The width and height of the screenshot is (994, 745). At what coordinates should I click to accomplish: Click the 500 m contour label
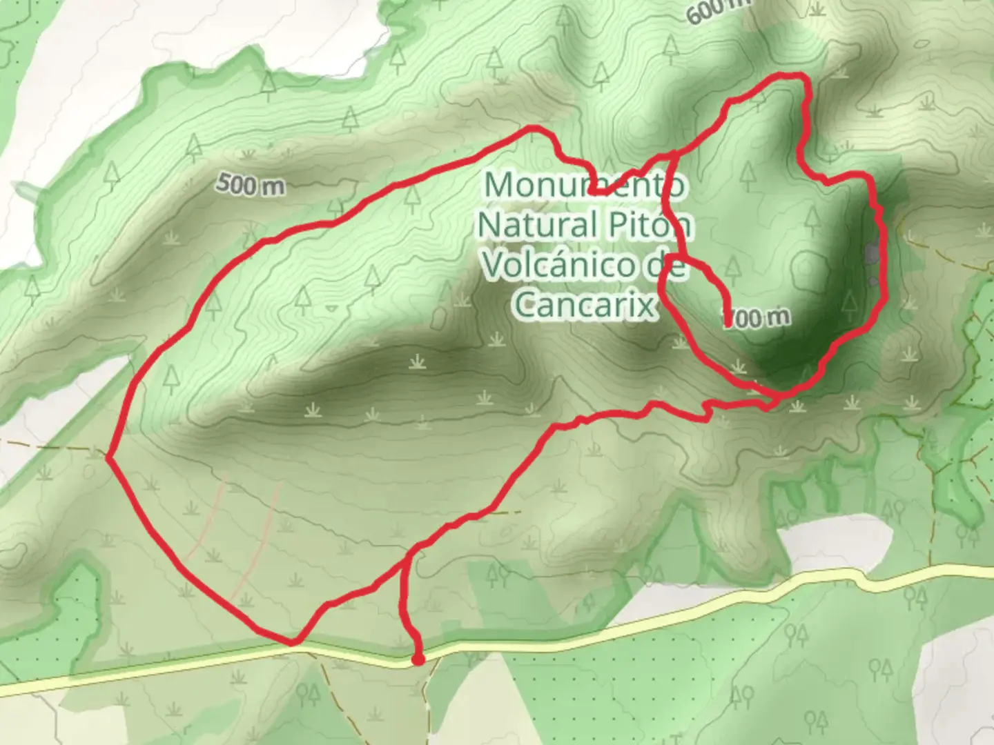click(x=250, y=185)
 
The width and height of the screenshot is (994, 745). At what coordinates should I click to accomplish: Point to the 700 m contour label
click(x=757, y=317)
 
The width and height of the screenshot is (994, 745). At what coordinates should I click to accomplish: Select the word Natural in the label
click(x=538, y=224)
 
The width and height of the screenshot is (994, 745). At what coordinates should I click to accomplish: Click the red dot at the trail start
click(x=418, y=660)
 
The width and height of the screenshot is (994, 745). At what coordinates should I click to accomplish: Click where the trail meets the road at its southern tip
click(x=292, y=642)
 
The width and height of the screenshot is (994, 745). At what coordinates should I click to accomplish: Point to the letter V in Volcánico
click(x=494, y=264)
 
